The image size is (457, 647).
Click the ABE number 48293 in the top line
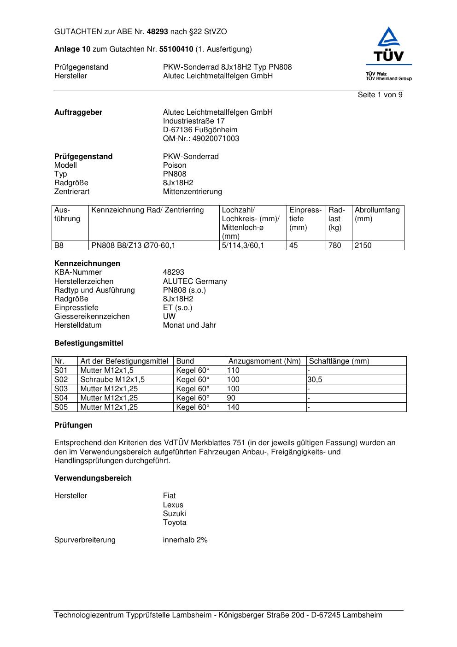tap(158, 32)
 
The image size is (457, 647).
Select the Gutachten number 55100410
tap(176, 49)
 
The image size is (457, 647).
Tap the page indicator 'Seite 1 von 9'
tap(380, 95)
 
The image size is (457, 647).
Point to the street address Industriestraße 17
tap(193, 121)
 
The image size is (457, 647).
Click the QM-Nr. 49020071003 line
tap(201, 139)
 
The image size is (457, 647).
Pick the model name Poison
tap(175, 165)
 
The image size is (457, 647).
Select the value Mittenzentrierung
tap(192, 192)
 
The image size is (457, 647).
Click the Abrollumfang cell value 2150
tap(363, 246)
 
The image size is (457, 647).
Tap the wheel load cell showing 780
tap(335, 246)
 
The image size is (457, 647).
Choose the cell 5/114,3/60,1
tap(243, 246)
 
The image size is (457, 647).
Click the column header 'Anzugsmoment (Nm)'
tap(264, 361)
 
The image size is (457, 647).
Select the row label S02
tap(61, 380)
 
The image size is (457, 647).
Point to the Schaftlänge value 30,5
tap(315, 380)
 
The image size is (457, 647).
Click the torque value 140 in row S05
tap(233, 407)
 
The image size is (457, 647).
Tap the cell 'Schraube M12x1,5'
tap(112, 380)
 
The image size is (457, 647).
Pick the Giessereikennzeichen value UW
tap(169, 317)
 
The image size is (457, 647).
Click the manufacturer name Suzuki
tap(174, 514)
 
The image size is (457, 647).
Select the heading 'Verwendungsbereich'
tap(93, 478)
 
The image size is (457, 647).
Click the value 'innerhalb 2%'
tap(185, 540)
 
